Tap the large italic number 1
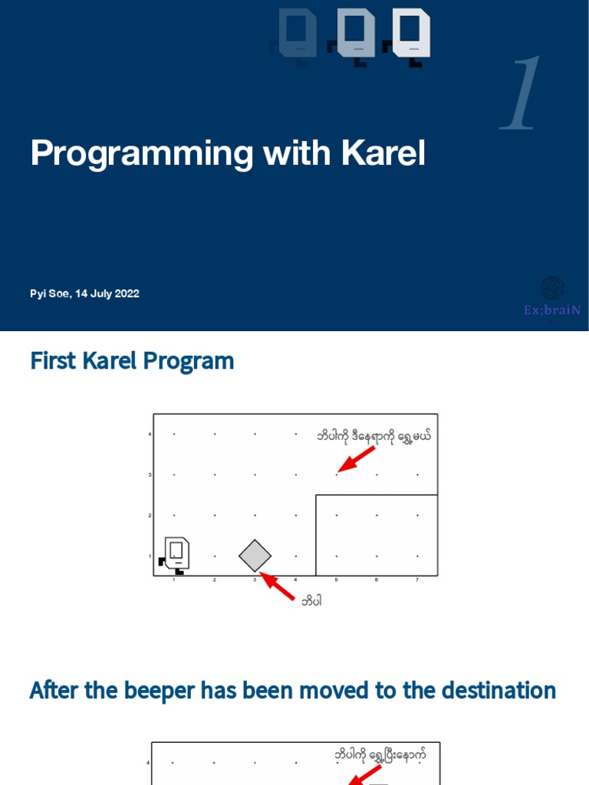coord(522,94)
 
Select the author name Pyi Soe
coord(49,294)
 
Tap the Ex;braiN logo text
coord(552,310)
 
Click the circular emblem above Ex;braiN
coord(552,288)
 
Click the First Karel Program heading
coord(132,361)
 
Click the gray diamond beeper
coord(255,556)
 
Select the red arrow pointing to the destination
coord(357,458)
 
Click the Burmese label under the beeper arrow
coord(311,601)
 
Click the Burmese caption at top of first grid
coord(374,436)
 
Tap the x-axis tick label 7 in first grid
coord(417,580)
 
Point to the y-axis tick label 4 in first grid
coord(150,435)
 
